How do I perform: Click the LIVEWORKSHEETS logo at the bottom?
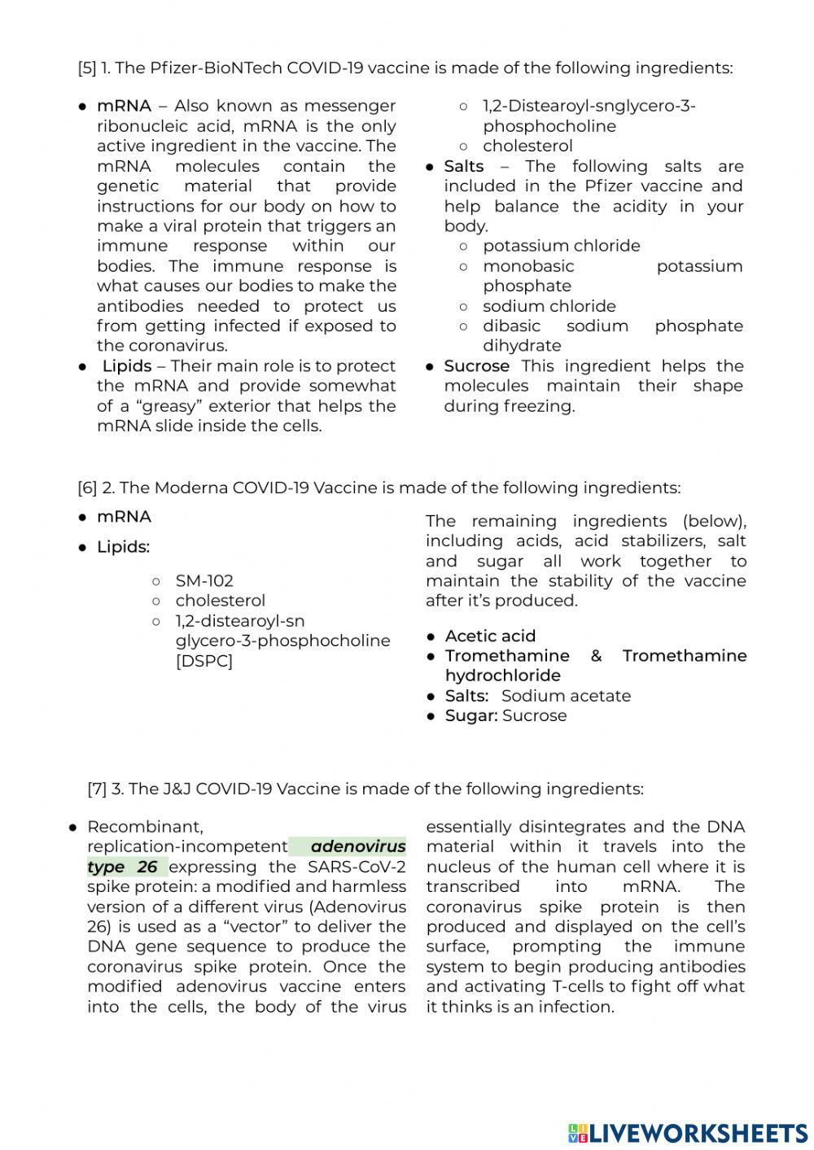coord(688,1132)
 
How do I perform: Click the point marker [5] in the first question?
coord(87,68)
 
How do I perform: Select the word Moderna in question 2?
coord(191,488)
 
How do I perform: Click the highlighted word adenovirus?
coord(358,846)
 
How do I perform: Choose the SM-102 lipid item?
coord(204,580)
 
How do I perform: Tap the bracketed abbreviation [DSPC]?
coord(204,660)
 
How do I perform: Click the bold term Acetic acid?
coord(490,636)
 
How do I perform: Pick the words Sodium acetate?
coord(566,696)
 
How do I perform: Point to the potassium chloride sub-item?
coord(561,246)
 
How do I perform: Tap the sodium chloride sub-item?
coord(549,306)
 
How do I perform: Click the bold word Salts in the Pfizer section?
coord(464,166)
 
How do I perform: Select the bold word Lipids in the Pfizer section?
coord(127,366)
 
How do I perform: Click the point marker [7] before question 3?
coord(97,789)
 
